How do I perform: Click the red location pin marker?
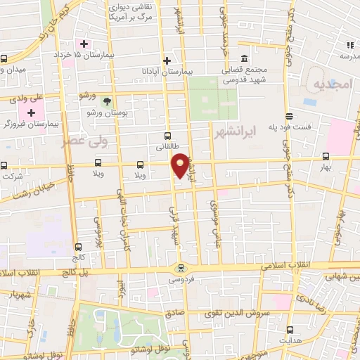[x=181, y=165]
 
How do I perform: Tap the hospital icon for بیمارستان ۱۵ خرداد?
[x=84, y=44]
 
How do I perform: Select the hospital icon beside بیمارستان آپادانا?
[x=167, y=60]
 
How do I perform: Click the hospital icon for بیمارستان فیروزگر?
[x=31, y=112]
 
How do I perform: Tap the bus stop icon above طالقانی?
[x=167, y=136]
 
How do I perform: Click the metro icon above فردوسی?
[x=182, y=268]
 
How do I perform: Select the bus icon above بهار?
[x=326, y=157]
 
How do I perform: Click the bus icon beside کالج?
[x=77, y=247]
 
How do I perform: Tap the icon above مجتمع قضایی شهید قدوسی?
[x=244, y=58]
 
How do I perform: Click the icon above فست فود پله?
[x=289, y=117]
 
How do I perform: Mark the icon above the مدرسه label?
[x=347, y=44]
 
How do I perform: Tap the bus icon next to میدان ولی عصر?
[x=4, y=58]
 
